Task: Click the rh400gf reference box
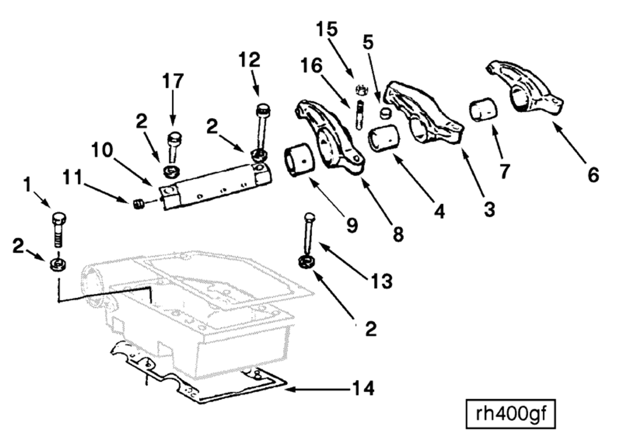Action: tap(511, 414)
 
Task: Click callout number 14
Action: tap(363, 389)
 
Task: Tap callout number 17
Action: tap(173, 81)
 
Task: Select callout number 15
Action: tap(327, 29)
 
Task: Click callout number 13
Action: tap(382, 281)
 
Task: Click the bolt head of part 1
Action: tap(59, 218)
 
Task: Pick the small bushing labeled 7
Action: tap(483, 109)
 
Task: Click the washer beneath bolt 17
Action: tap(171, 172)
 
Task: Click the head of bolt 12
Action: tap(263, 110)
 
